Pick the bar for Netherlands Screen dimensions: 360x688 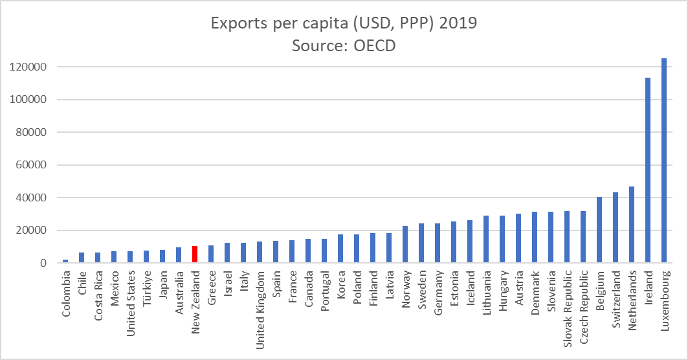[x=632, y=225]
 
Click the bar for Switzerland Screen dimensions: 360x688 [x=616, y=227]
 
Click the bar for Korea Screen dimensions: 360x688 [x=340, y=249]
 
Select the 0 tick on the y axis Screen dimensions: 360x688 [x=41, y=263]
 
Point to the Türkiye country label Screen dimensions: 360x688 [x=147, y=289]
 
